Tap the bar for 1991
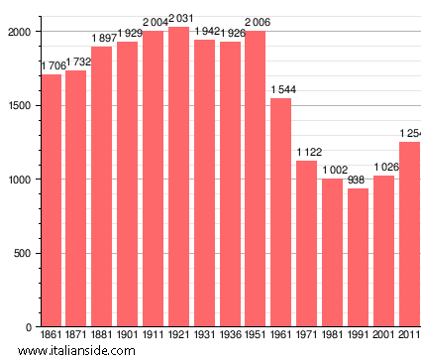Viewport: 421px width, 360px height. (x=358, y=257)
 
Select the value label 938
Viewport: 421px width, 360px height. (x=358, y=180)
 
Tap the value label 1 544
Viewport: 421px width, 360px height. (x=281, y=90)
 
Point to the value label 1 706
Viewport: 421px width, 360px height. (x=52, y=65)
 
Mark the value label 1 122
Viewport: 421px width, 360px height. (x=307, y=152)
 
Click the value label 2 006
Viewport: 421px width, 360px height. (x=256, y=22)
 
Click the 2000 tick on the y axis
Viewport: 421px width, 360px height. (x=17, y=32)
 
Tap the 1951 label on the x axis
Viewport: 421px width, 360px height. (x=256, y=335)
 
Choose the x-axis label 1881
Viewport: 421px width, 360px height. (x=102, y=335)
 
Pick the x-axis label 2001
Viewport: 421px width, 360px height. (x=383, y=335)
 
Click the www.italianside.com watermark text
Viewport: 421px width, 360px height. (x=83, y=350)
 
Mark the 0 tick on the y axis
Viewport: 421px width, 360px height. (x=29, y=327)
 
